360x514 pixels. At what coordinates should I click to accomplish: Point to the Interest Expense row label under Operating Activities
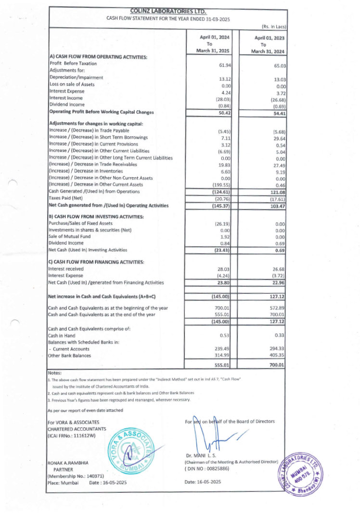(x=67, y=91)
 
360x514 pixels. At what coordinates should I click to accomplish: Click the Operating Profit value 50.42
(x=225, y=113)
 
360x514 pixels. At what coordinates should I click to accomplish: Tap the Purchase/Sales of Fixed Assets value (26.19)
(x=223, y=224)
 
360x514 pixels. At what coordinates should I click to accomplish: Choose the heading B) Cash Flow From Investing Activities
(x=96, y=217)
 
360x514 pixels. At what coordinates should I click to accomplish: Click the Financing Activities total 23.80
(x=225, y=283)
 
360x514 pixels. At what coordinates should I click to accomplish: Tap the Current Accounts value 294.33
(x=278, y=349)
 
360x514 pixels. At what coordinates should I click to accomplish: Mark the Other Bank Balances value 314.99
(x=224, y=356)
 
